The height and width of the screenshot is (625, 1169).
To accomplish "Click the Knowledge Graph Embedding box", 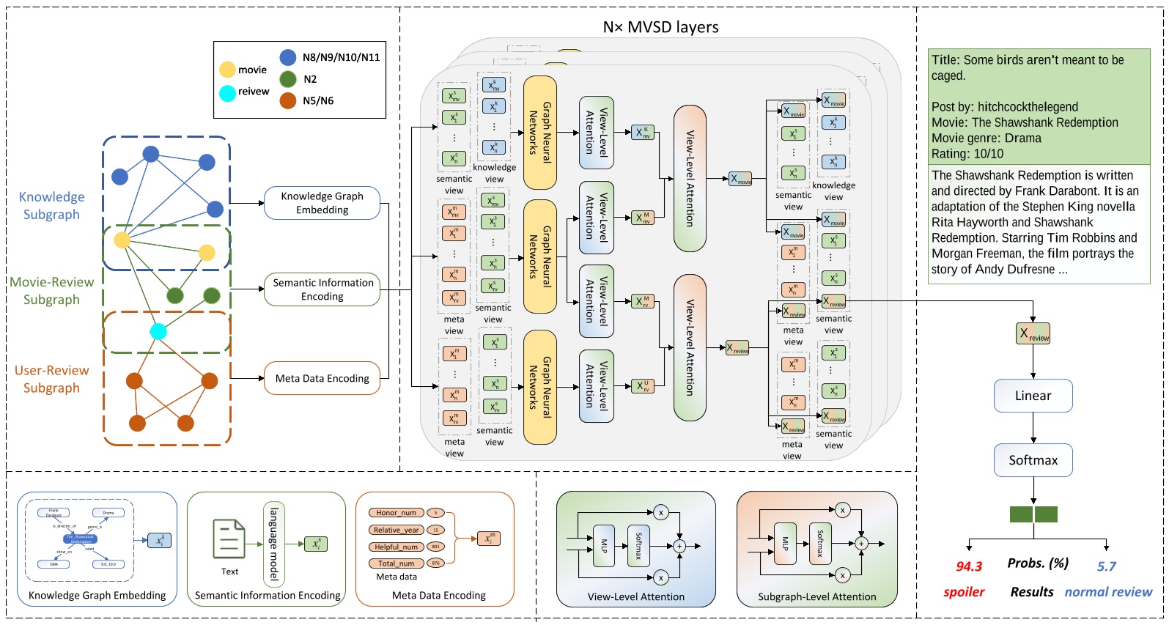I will point(322,203).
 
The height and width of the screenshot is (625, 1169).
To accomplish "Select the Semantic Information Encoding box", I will point(322,289).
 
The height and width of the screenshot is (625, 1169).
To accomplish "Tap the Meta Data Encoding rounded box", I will point(322,379).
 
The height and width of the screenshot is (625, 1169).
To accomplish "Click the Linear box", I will point(1033,396).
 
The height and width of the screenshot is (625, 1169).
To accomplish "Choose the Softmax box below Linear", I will point(1033,460).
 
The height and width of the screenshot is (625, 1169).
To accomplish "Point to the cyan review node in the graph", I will point(158,332).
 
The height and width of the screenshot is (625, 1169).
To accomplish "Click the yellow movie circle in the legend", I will point(227,70).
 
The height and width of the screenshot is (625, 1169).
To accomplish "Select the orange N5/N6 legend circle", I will point(288,100).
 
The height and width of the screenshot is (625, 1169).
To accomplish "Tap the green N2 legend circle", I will point(288,79).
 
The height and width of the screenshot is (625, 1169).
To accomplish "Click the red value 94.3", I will point(969,566).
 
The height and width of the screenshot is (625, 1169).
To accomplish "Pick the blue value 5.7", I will point(1106,566).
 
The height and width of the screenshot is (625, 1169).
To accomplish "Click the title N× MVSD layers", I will point(660,27).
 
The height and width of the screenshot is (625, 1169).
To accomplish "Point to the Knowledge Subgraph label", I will point(51,206).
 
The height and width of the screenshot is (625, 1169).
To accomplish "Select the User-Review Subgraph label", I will point(51,380).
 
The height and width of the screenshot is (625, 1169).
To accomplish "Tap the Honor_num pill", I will point(396,513).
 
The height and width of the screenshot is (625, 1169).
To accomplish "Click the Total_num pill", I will point(396,563).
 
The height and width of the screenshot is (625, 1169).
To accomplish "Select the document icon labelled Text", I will point(229,539).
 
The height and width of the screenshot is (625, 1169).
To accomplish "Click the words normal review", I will point(1108,592).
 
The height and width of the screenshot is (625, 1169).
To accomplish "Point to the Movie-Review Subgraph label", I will point(51,291).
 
